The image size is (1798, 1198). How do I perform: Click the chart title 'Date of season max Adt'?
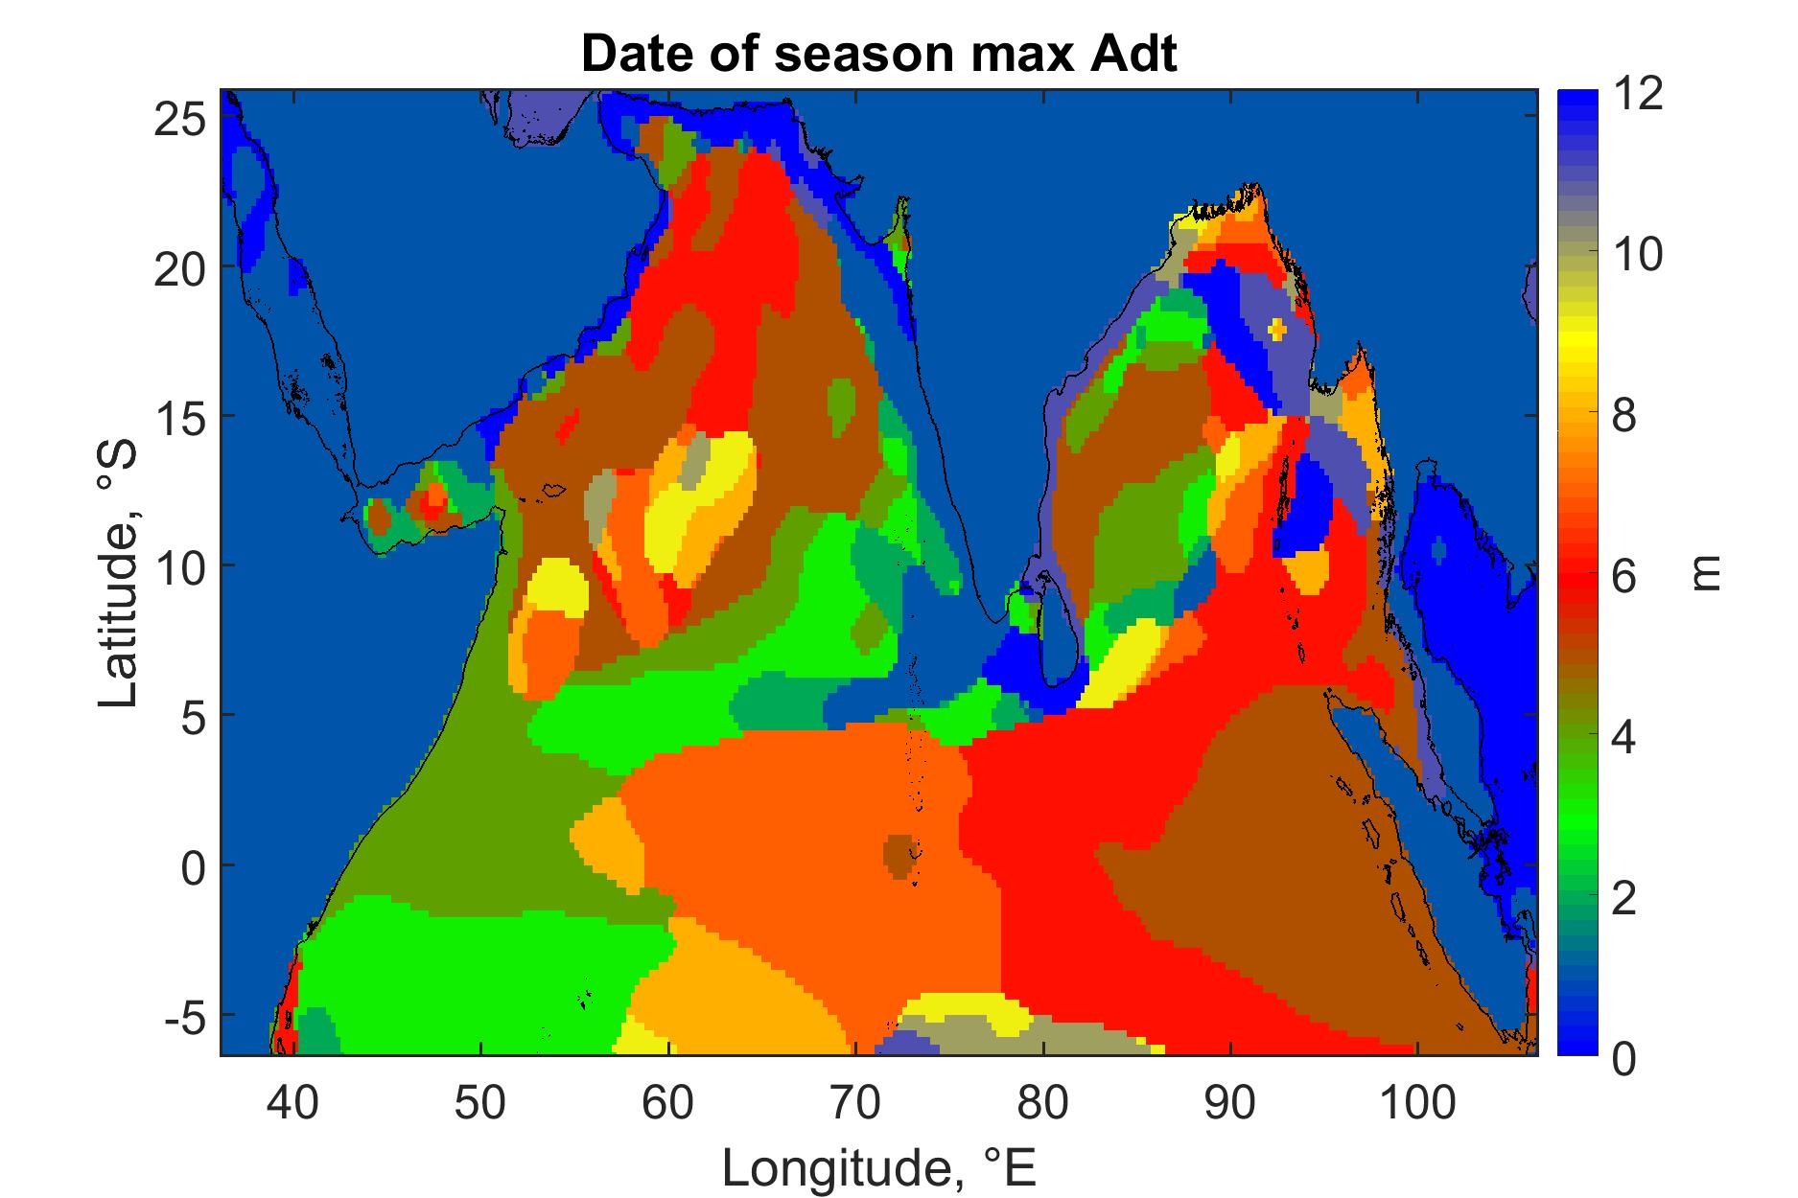(x=878, y=56)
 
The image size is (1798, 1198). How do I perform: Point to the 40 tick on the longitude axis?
(x=292, y=1103)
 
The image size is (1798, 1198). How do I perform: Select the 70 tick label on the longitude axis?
(x=855, y=1103)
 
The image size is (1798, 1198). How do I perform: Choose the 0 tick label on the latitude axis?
(x=192, y=864)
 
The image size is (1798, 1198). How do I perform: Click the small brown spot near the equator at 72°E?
(x=899, y=855)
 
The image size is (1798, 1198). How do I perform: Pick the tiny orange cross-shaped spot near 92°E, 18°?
(x=1277, y=328)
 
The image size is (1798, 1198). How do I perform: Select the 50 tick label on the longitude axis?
(x=480, y=1103)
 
